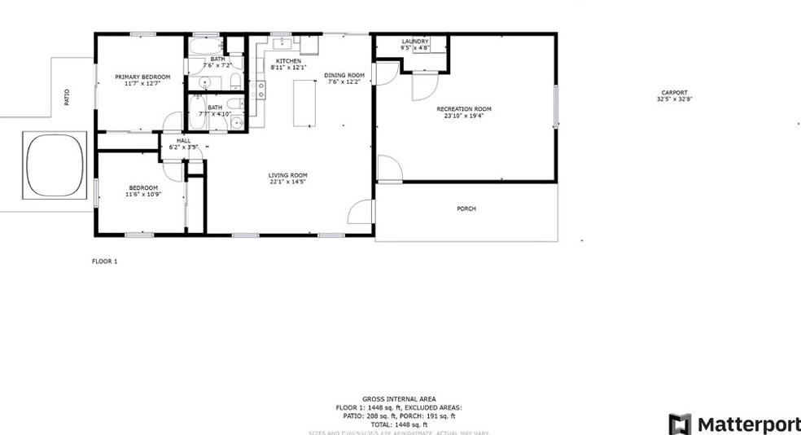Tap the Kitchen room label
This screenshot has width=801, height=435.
288,61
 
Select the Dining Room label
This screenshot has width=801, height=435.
343,75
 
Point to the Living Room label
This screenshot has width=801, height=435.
287,175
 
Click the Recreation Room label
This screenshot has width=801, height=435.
464,109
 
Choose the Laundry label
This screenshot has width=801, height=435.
414,42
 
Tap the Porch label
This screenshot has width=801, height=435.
466,209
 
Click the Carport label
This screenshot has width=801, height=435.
674,93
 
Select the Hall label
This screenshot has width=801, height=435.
183,141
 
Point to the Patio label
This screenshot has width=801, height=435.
67,97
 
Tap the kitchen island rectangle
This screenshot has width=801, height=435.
304,103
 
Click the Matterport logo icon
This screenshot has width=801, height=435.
679,424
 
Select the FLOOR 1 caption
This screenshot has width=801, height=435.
104,261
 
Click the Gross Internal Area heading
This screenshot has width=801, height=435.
399,399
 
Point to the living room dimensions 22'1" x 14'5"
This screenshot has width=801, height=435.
287,182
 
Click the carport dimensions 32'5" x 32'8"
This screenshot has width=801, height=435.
674,99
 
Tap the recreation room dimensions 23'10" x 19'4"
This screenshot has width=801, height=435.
464,116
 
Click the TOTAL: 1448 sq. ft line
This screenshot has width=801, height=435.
399,424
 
